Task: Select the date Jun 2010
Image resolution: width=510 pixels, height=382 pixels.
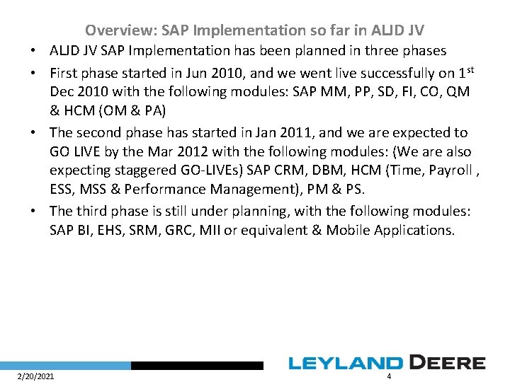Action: pos(213,73)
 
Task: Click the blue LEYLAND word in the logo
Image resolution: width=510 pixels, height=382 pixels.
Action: pos(344,364)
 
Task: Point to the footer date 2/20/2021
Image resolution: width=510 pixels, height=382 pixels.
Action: pos(35,376)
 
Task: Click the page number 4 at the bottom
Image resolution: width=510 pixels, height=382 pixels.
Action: pos(389,376)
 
